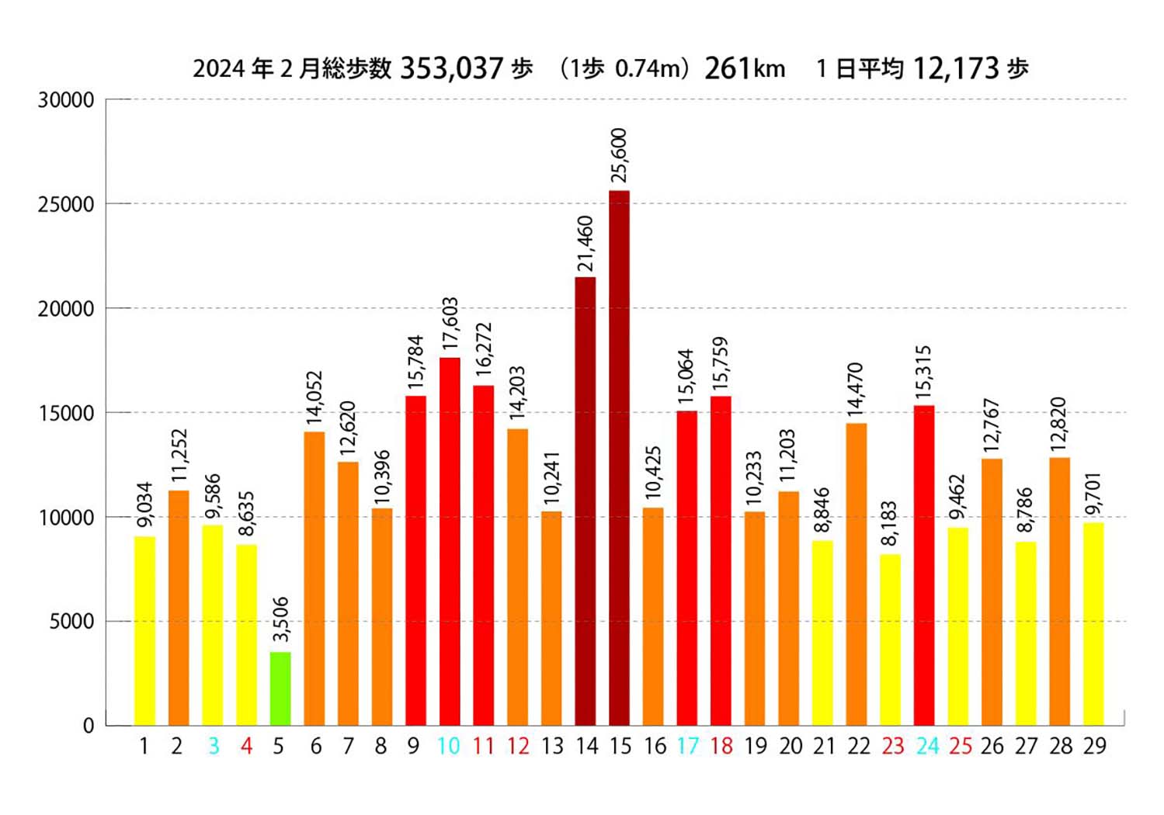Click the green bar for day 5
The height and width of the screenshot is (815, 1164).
280,688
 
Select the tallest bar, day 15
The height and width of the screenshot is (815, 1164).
619,458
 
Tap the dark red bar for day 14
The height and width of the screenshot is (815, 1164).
585,501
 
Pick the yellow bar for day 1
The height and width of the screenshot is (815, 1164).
144,630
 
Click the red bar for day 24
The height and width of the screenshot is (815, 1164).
924,565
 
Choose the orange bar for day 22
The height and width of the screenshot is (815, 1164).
856,574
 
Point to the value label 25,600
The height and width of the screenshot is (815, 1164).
619,155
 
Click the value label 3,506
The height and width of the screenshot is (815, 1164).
280,619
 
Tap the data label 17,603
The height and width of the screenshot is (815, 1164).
450,324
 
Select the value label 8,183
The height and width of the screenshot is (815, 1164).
890,523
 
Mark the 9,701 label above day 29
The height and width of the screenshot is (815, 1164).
1093,494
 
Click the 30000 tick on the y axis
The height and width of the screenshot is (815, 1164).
66,100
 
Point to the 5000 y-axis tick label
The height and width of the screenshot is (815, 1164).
71,622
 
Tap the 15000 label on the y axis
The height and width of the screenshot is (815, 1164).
66,413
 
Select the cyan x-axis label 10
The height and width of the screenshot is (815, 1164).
449,746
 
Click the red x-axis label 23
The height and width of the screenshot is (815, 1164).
892,746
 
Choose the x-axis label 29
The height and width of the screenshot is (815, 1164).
1094,746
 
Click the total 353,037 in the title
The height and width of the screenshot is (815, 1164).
452,68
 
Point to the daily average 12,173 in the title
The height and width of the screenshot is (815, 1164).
955,68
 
